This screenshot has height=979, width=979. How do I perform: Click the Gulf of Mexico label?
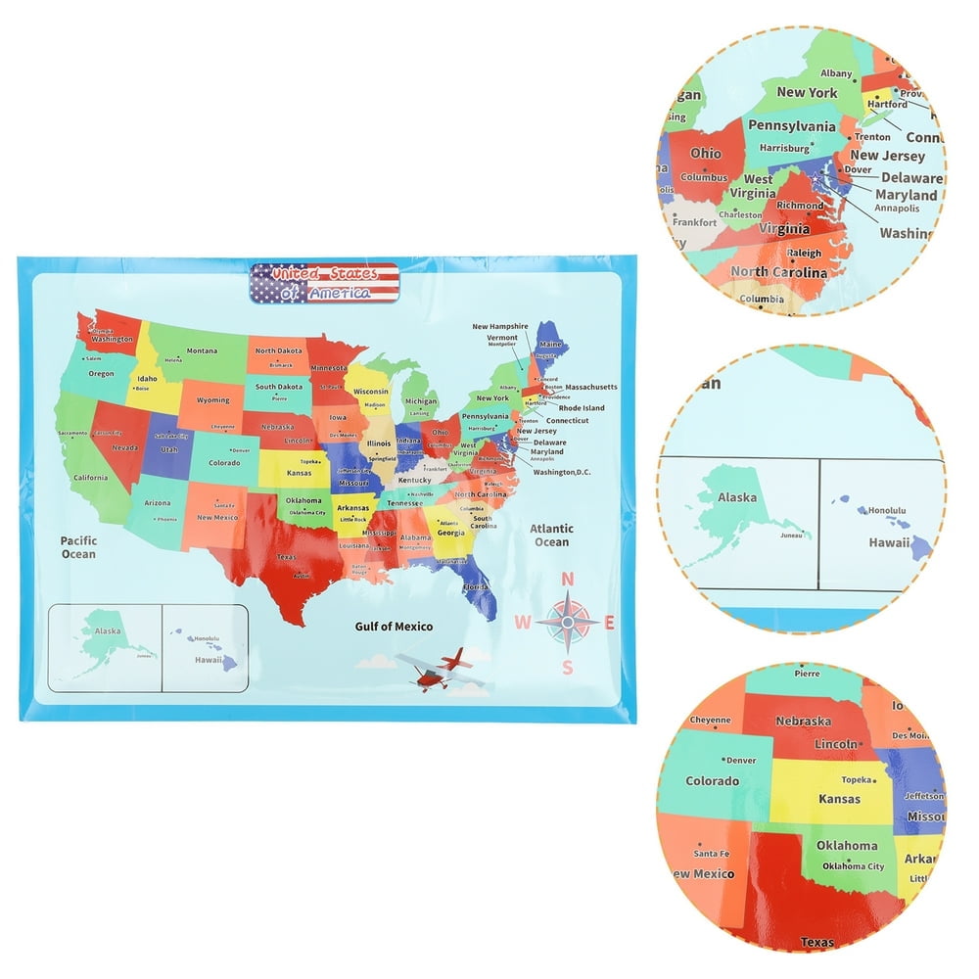[394, 627]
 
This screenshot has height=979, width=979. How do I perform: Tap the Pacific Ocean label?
[78, 547]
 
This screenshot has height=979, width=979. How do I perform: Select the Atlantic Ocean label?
[551, 536]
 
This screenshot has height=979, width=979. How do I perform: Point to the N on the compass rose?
[567, 578]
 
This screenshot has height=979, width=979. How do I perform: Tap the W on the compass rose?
[523, 622]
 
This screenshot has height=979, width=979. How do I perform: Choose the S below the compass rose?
[568, 668]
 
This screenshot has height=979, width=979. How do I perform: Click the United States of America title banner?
[324, 283]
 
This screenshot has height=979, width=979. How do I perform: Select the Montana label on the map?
[202, 350]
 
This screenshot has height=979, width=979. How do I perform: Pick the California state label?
[90, 477]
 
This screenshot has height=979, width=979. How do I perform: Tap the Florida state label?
[475, 586]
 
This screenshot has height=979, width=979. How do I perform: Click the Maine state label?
[551, 345]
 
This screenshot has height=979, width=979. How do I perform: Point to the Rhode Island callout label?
[582, 408]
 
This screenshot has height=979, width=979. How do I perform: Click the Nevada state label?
[124, 447]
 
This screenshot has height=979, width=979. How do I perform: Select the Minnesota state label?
[329, 367]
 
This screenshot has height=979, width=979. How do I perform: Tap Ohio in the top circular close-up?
[705, 154]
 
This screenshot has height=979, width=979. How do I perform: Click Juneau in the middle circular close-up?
[792, 535]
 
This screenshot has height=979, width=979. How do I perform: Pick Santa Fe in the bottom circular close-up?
[711, 854]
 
